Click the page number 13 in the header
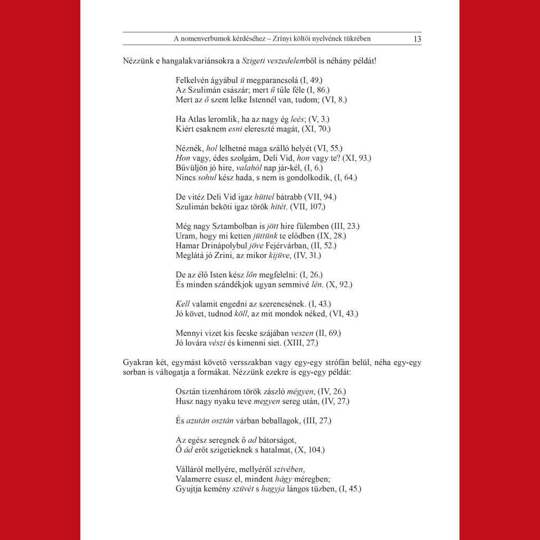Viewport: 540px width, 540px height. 417,39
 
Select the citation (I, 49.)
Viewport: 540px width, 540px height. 311,81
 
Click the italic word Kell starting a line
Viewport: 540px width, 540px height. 182,304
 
